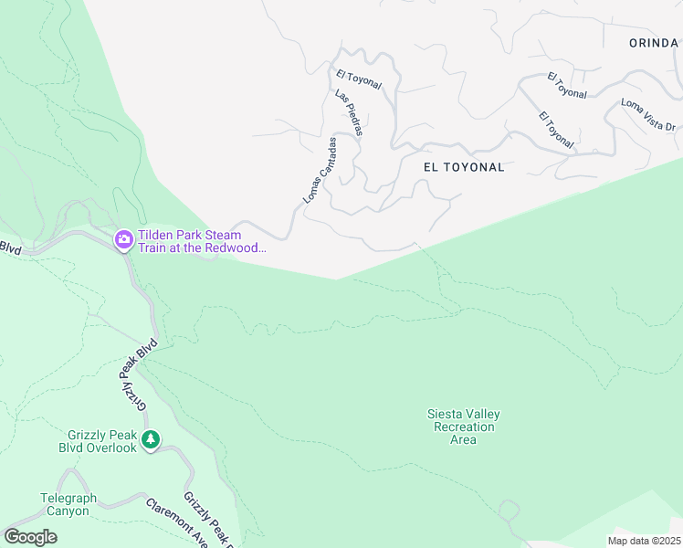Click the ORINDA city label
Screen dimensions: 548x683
653,42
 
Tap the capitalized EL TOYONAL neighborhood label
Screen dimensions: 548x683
464,167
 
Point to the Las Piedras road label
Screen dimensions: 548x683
349,113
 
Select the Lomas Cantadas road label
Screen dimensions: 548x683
320,171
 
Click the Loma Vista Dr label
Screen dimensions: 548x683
648,115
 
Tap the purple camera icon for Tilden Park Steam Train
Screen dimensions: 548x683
123,240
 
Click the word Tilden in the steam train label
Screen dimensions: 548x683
156,235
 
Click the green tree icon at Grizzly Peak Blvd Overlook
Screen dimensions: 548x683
151,440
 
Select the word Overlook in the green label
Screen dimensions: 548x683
114,448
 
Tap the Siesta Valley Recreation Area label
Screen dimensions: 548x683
464,427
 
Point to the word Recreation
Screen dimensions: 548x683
464,427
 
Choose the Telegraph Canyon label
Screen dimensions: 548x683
65,505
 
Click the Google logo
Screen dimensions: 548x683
30,537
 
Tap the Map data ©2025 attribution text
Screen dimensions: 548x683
644,541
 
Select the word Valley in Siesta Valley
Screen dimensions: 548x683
484,414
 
